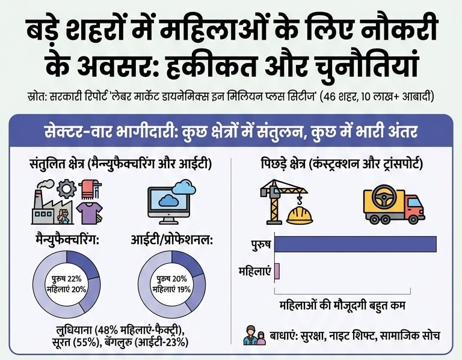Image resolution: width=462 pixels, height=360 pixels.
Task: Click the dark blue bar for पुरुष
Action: click(356, 244)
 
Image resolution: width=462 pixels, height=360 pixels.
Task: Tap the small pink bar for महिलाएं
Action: click(277, 272)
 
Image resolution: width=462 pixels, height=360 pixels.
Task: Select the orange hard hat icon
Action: click(300, 216)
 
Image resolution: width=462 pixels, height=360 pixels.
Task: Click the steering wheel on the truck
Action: click(384, 197)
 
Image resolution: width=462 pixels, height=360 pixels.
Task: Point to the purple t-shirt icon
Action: click(89, 214)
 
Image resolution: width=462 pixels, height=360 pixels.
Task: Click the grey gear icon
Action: click(66, 189)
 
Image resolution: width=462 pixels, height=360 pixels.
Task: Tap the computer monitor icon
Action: click(168, 206)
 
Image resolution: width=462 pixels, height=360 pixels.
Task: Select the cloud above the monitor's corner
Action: click(184, 187)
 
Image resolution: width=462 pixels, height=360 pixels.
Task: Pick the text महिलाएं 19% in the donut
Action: click(171, 289)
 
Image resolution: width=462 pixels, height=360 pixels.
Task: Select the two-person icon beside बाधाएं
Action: click(254, 335)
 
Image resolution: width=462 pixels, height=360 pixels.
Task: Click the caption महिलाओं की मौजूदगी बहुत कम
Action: click(342, 305)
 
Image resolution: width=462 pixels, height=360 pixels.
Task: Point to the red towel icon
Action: click(88, 189)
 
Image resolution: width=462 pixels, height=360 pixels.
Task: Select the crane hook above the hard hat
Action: click(300, 201)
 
